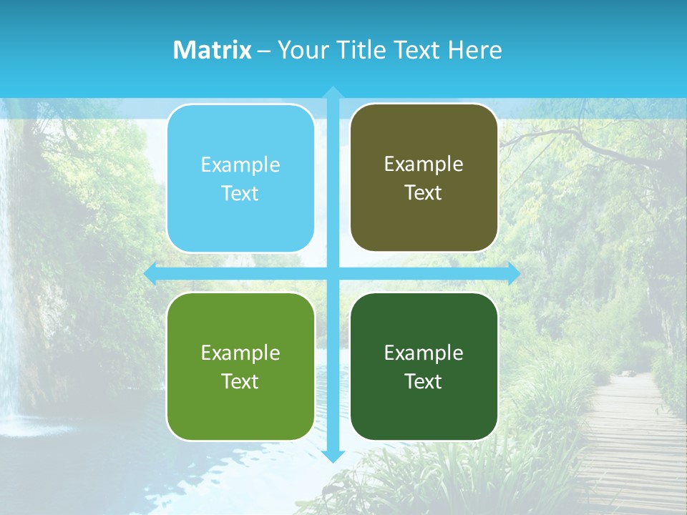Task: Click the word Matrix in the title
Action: (212, 50)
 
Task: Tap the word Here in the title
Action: (474, 50)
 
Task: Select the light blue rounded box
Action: (240, 222)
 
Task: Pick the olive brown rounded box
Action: (424, 222)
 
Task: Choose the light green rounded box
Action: (240, 411)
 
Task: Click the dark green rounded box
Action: (424, 411)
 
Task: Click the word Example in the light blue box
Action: (240, 165)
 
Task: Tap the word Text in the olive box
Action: (423, 193)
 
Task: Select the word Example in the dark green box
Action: (424, 353)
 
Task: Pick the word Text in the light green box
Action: (240, 381)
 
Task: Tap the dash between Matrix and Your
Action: (264, 51)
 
